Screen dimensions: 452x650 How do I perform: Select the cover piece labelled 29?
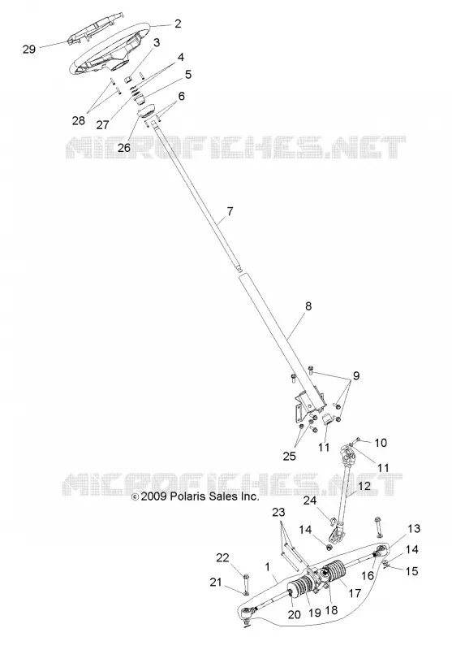[96, 30]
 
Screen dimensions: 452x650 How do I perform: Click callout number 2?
[178, 24]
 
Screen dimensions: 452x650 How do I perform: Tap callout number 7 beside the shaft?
[230, 211]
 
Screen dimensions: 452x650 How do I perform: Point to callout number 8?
[308, 306]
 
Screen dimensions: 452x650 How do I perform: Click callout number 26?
[124, 148]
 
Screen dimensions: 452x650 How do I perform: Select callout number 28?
[78, 120]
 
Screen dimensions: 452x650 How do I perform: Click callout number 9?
[356, 376]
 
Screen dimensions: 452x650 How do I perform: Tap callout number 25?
[290, 456]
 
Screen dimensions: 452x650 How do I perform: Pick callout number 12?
[364, 486]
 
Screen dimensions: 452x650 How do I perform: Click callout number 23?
[278, 513]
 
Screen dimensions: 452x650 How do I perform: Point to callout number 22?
[222, 557]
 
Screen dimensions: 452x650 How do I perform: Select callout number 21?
[216, 583]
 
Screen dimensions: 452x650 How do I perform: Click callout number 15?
[412, 571]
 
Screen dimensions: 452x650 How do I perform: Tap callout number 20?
[294, 614]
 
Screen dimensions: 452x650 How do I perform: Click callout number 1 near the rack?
[268, 566]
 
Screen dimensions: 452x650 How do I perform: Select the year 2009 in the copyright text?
[153, 496]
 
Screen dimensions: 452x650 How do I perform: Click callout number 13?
[414, 529]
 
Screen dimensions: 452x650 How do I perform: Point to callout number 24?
[310, 500]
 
